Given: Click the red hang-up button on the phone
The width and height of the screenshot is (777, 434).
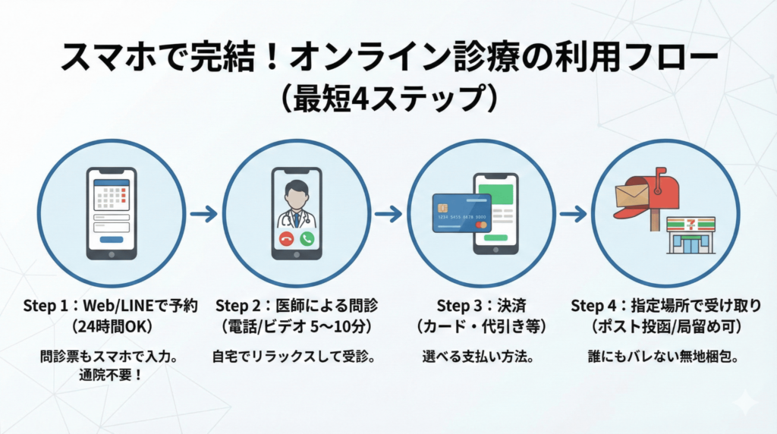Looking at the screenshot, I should tap(286, 238).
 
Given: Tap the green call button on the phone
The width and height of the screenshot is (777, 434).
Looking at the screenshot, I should tap(307, 238).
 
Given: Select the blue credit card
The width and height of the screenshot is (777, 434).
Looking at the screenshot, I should tap(461, 213).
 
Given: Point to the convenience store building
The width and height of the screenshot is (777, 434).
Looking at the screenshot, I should tap(690, 235).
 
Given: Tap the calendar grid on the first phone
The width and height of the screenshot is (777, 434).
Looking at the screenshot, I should tap(112, 198).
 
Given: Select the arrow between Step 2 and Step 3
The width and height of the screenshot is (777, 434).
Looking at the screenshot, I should tap(388, 215).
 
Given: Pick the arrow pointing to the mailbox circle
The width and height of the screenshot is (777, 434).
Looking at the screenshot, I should tap(574, 215).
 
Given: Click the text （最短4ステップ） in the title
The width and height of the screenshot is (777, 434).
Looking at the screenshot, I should tap(388, 98).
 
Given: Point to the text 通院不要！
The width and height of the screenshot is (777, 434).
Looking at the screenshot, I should tap(111, 374).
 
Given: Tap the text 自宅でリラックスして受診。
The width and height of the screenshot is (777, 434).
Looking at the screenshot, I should tap(297, 355).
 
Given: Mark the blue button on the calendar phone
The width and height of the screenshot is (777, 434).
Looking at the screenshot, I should tap(112, 239).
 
